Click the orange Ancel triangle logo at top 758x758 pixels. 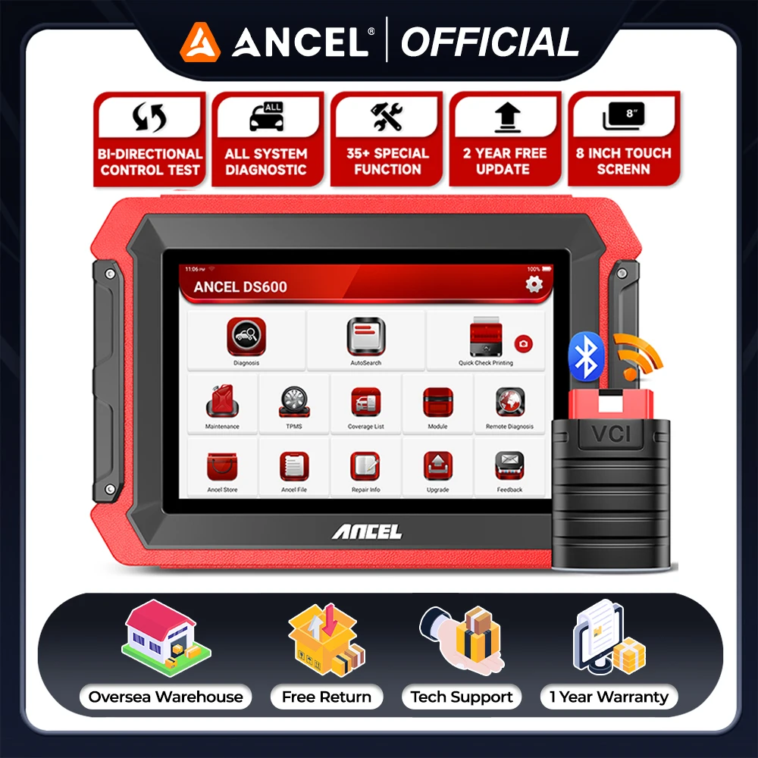click(199, 42)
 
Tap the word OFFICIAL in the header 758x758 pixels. click(489, 42)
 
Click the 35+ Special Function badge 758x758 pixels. click(387, 138)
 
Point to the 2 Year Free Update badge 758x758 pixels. click(505, 138)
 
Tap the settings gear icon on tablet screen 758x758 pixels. click(534, 284)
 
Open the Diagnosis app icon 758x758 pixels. click(246, 337)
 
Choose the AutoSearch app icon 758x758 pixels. click(365, 337)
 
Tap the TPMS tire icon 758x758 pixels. click(294, 402)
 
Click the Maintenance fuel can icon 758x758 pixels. click(222, 402)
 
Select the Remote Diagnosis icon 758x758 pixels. click(509, 402)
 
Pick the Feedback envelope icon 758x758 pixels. click(509, 466)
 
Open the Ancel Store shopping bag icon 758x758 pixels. click(222, 466)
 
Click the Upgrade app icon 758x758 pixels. click(437, 466)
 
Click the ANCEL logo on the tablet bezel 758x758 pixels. click(366, 531)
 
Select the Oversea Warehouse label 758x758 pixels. click(166, 697)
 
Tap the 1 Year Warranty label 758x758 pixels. click(609, 697)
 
